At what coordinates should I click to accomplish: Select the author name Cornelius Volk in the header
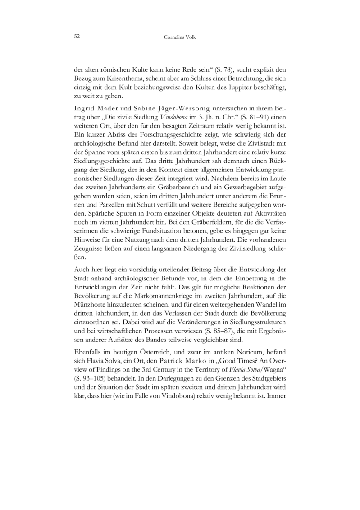[180, 38]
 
